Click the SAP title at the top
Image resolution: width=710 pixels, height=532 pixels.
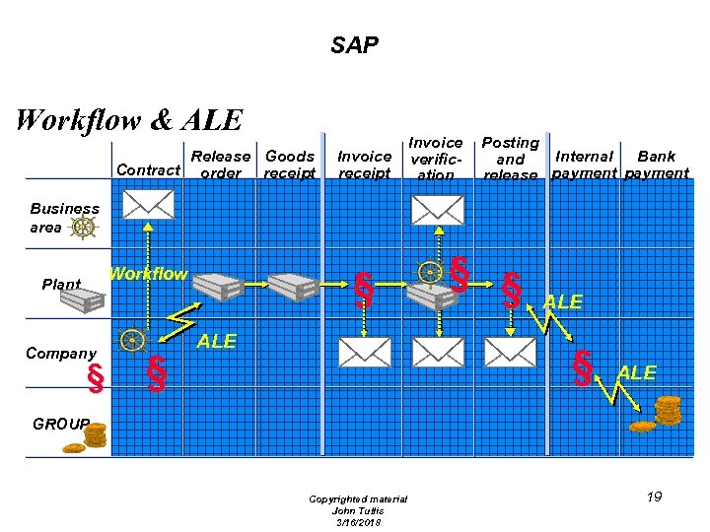[x=354, y=45]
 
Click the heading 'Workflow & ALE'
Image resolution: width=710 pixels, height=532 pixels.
[x=129, y=120]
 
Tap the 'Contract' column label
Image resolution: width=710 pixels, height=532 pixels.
[x=148, y=170]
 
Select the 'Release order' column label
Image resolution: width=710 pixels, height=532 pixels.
[x=220, y=165]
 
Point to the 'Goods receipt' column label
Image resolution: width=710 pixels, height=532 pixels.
[x=290, y=165]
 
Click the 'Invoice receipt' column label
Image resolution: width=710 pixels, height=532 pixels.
[x=364, y=165]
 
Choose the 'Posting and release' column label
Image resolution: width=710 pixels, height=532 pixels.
[x=510, y=159]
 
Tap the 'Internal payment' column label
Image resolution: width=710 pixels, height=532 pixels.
[x=585, y=165]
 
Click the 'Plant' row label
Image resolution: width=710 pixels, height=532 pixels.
[x=61, y=285]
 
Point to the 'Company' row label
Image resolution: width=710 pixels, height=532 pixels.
[x=61, y=354]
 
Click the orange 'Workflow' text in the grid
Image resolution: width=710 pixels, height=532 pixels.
[x=148, y=274]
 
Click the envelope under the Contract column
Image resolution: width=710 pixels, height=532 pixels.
[x=148, y=204]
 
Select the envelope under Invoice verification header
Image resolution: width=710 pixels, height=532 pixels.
[x=438, y=209]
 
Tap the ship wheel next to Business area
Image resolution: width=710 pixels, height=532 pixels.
[x=85, y=228]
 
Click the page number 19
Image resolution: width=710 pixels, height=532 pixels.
[x=654, y=497]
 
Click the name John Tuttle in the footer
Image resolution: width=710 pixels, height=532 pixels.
[x=357, y=510]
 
